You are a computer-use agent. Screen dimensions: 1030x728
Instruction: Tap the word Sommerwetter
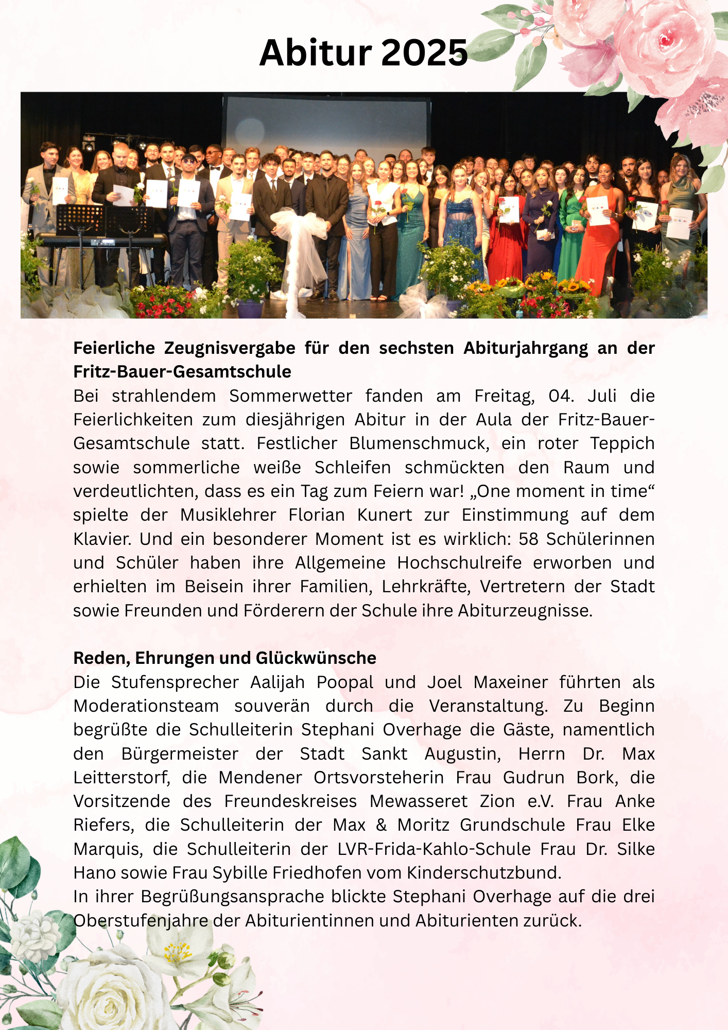coord(290,396)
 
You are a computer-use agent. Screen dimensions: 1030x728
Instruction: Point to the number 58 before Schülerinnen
coord(529,539)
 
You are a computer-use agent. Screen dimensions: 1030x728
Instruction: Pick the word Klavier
coord(101,539)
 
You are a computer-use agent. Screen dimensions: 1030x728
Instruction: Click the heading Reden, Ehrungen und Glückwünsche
coord(224,658)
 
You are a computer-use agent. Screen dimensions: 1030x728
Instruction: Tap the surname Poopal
coord(344,682)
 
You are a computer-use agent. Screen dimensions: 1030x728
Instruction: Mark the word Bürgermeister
coord(180,753)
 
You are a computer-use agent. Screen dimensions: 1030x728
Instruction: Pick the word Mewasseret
coord(419,801)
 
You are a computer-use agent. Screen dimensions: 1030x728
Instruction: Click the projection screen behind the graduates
coord(327,124)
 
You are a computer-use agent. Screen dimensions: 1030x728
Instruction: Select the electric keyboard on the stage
coord(103,239)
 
